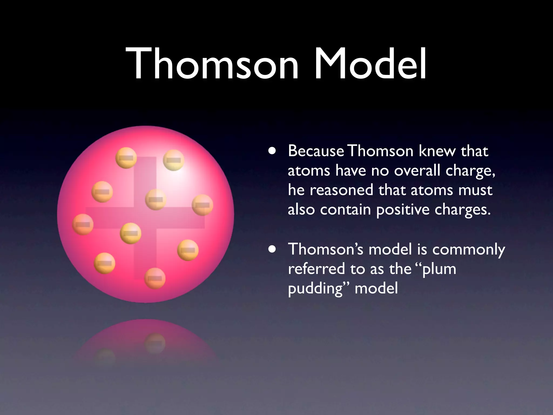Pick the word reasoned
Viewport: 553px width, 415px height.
pyautogui.click(x=341, y=190)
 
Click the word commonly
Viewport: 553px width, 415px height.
pyautogui.click(x=468, y=250)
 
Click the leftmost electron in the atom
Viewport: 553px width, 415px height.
pyautogui.click(x=83, y=224)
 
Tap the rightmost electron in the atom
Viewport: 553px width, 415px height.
pyautogui.click(x=203, y=205)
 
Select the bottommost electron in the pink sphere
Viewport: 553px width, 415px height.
pyautogui.click(x=155, y=278)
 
